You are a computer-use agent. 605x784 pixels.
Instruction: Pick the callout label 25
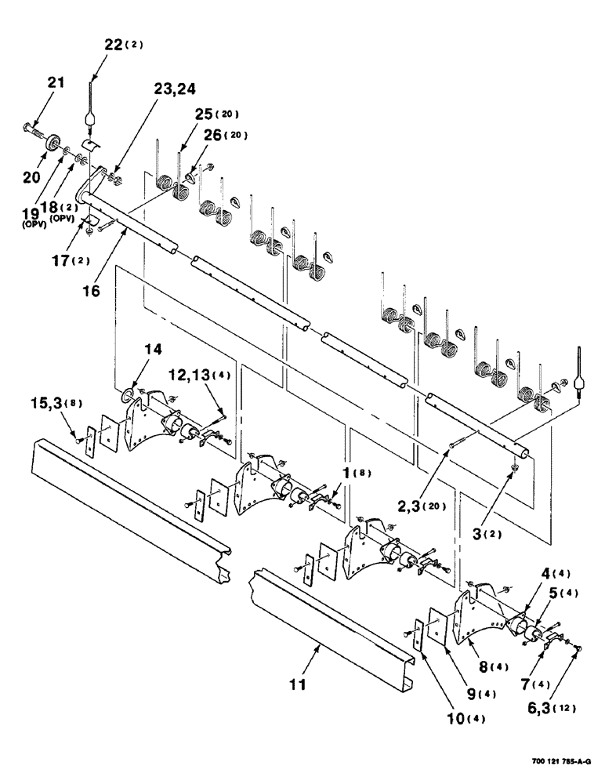190,124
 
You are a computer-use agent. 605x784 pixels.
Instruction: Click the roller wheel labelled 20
55,143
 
